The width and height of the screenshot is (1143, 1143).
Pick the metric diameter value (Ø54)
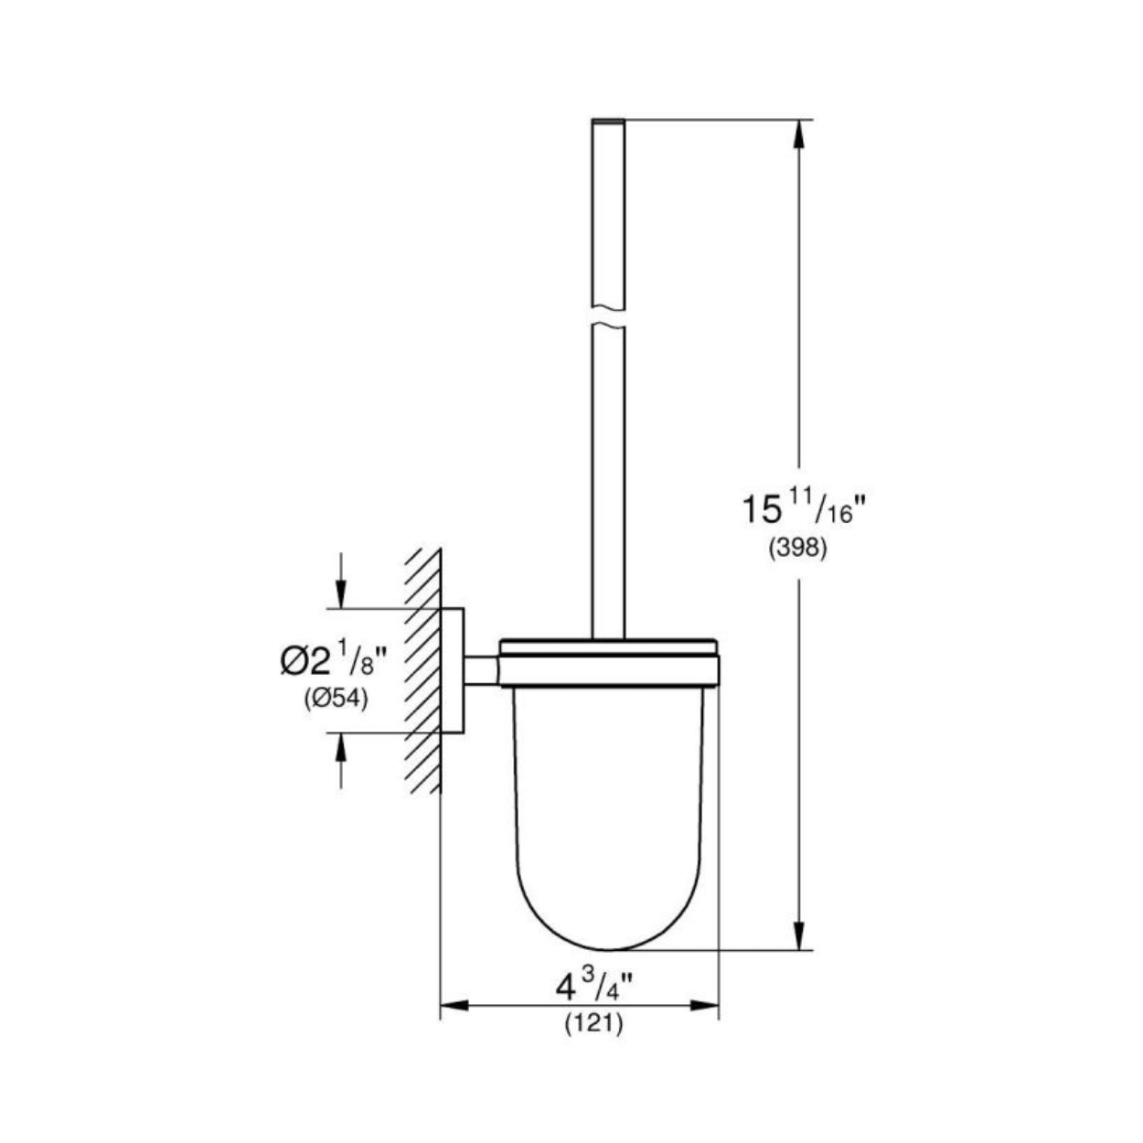point(336,700)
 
